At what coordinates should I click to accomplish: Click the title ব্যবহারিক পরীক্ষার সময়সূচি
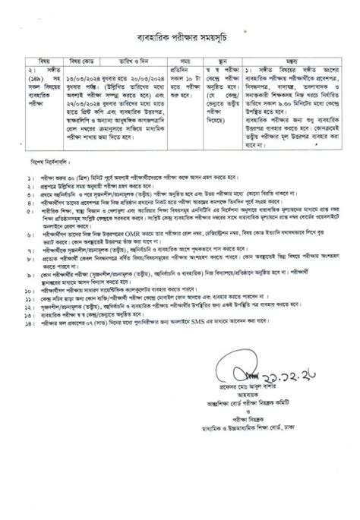coord(180,36)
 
